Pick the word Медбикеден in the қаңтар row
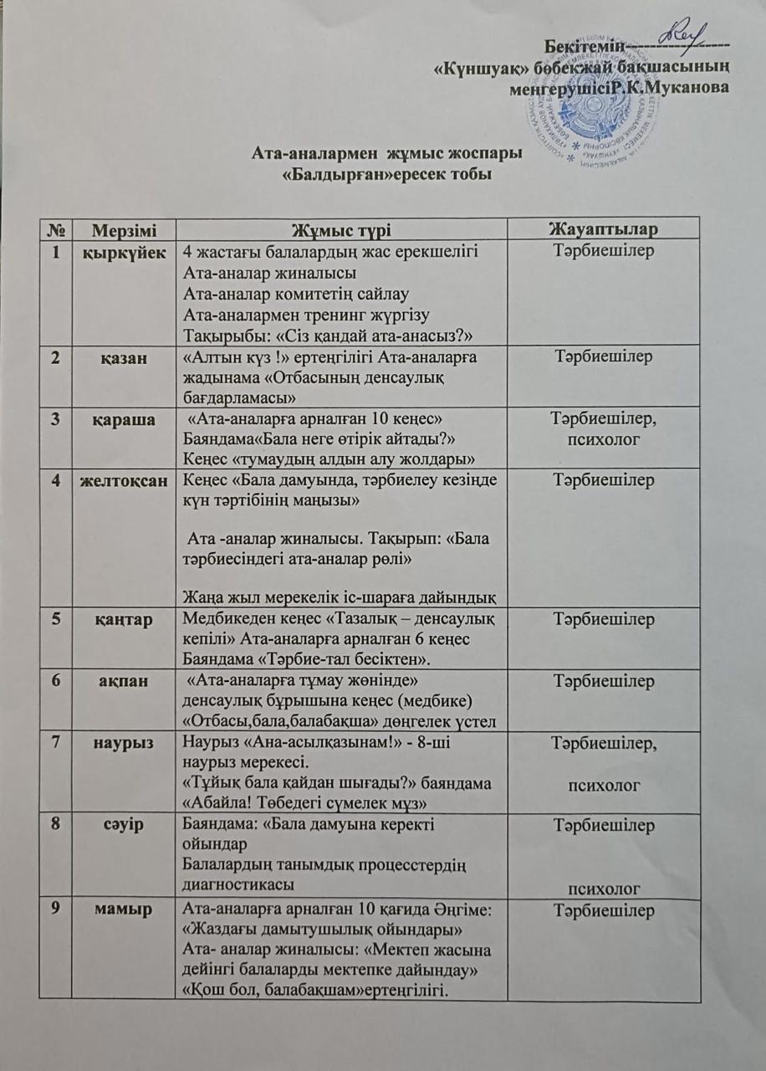pyautogui.click(x=223, y=620)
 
